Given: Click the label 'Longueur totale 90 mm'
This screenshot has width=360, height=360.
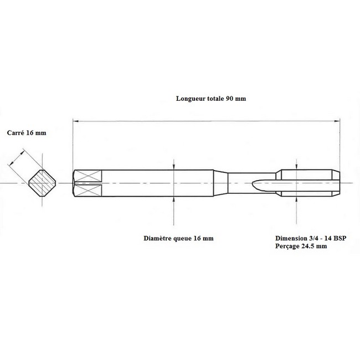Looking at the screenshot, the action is point(211,99).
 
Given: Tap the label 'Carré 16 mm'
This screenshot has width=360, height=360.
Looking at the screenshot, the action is point(27,133).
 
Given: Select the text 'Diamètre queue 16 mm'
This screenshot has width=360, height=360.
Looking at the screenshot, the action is point(178,238).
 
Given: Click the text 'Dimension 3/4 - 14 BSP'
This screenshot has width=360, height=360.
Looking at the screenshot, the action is point(311,238).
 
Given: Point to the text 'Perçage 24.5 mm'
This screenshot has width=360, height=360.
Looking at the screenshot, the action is point(301,246).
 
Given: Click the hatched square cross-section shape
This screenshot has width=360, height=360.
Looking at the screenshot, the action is point(42,183).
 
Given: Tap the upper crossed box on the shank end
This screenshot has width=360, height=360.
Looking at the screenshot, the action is point(88,176).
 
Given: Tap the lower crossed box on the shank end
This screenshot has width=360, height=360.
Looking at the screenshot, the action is point(88,191).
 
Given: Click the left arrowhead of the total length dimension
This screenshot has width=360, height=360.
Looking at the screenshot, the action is point(75,121).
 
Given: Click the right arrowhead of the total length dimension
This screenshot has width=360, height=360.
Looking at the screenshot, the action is point(337,121).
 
